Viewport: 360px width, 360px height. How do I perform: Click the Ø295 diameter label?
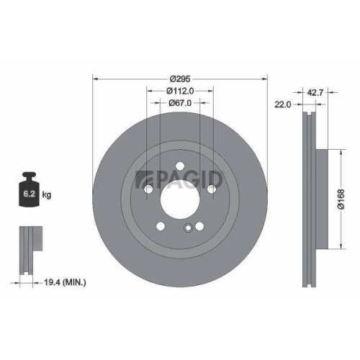tap(180, 78)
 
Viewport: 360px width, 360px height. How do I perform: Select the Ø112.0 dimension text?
tap(180, 91)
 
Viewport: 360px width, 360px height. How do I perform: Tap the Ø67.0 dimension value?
tap(180, 104)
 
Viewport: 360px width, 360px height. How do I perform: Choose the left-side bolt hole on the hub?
tap(148, 189)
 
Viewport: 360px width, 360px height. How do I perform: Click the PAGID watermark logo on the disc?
tap(180, 178)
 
